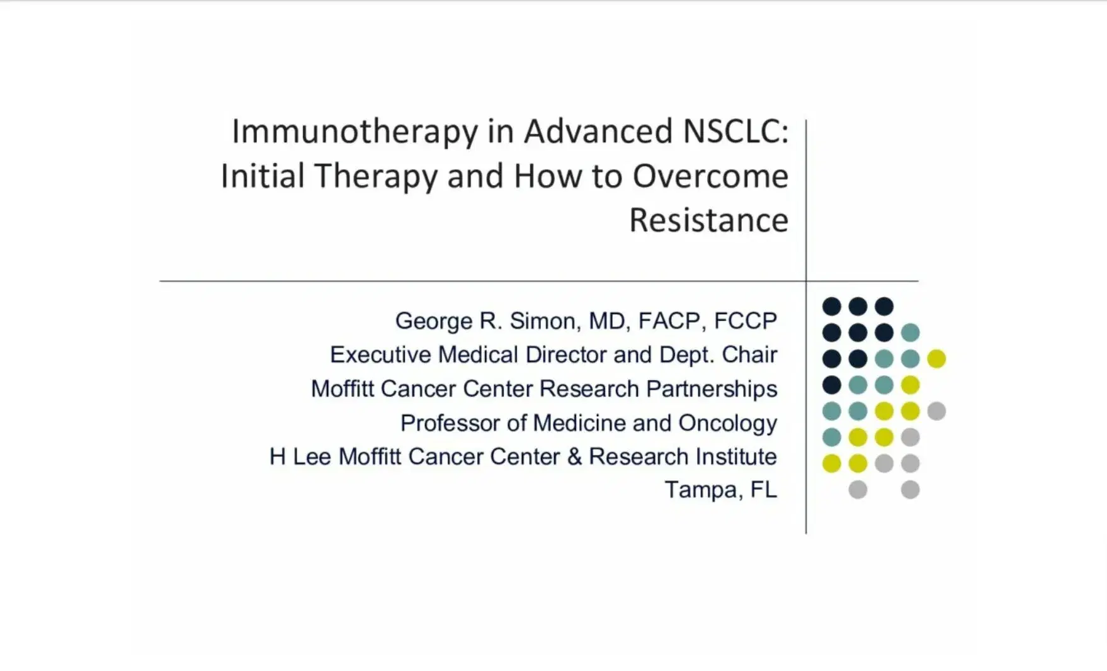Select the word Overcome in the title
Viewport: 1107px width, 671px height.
710,176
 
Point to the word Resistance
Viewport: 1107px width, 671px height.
708,220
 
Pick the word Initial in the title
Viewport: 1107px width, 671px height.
263,176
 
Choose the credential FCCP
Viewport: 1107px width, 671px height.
746,321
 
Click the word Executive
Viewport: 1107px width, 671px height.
380,355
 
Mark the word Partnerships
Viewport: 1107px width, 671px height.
712,390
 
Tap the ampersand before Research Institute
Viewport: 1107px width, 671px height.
574,457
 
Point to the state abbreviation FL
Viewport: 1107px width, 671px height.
764,490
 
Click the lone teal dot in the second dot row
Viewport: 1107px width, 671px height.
910,332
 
